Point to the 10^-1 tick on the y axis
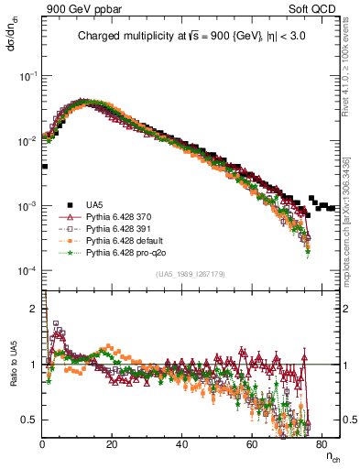pos(29,76)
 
